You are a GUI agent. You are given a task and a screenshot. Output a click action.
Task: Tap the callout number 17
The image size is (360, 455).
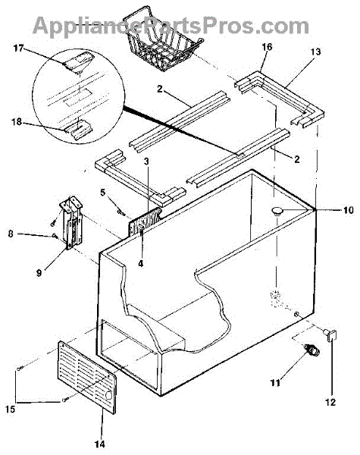[18, 48]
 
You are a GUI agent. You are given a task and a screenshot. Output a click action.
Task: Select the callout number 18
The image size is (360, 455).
[17, 121]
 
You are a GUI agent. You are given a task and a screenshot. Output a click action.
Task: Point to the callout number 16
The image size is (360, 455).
[267, 47]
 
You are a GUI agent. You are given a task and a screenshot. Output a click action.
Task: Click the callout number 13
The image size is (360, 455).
[315, 52]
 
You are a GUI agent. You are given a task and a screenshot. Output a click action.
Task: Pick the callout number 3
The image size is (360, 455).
[146, 162]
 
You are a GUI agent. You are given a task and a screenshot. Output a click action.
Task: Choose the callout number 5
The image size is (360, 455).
[102, 192]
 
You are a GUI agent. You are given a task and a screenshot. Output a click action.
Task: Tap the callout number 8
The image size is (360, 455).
[11, 234]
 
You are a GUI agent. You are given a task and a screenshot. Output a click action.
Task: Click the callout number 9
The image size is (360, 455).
[39, 273]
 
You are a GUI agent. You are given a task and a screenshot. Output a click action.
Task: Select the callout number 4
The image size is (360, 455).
[141, 264]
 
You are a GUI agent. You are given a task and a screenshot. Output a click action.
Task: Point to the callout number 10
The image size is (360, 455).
[349, 210]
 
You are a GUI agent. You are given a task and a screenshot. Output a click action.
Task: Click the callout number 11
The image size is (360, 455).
[275, 383]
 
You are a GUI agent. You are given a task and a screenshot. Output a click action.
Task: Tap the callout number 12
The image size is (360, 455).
[330, 402]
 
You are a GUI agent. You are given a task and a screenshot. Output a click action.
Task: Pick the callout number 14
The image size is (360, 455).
[100, 444]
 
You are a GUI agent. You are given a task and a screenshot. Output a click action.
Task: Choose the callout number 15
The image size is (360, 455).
[10, 409]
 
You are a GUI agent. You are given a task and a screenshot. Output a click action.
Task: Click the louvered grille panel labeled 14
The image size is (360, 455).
[87, 377]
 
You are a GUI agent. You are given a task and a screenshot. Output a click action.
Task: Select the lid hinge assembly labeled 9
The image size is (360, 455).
[71, 222]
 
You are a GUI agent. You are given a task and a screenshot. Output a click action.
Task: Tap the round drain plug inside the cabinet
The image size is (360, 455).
[277, 211]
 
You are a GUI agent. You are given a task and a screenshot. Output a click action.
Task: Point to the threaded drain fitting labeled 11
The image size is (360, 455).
[311, 350]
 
